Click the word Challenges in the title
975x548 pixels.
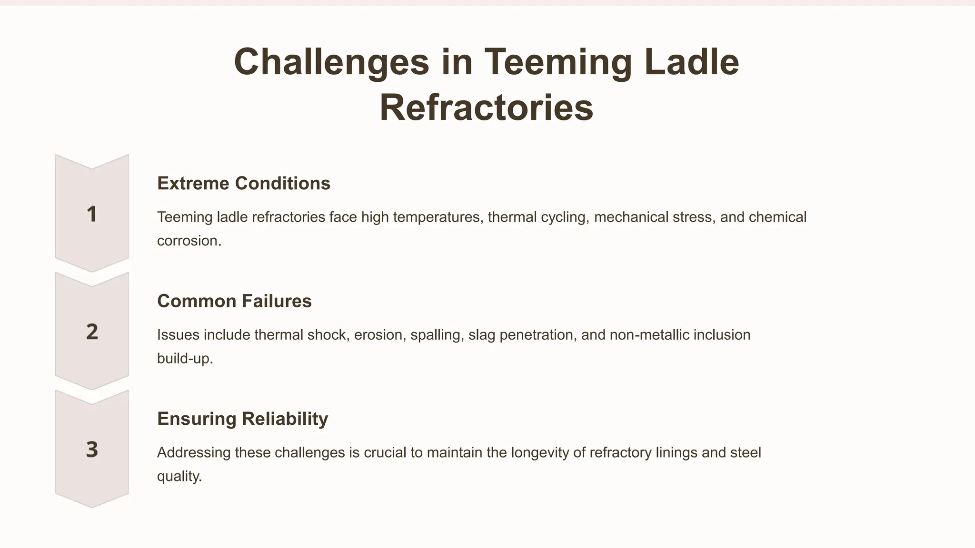(x=331, y=62)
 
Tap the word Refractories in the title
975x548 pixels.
(x=486, y=108)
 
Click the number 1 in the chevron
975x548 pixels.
(x=92, y=214)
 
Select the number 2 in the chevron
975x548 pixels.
(x=92, y=332)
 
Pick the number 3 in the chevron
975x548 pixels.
(x=92, y=449)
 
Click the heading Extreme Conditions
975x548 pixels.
(x=243, y=183)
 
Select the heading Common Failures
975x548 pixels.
(x=234, y=301)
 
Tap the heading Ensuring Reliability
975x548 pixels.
(x=242, y=419)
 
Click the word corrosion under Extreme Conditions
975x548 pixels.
(x=189, y=241)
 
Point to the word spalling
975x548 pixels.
(x=437, y=335)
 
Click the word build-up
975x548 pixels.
(x=185, y=358)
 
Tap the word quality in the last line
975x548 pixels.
(x=179, y=476)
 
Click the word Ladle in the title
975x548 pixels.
(x=691, y=62)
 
